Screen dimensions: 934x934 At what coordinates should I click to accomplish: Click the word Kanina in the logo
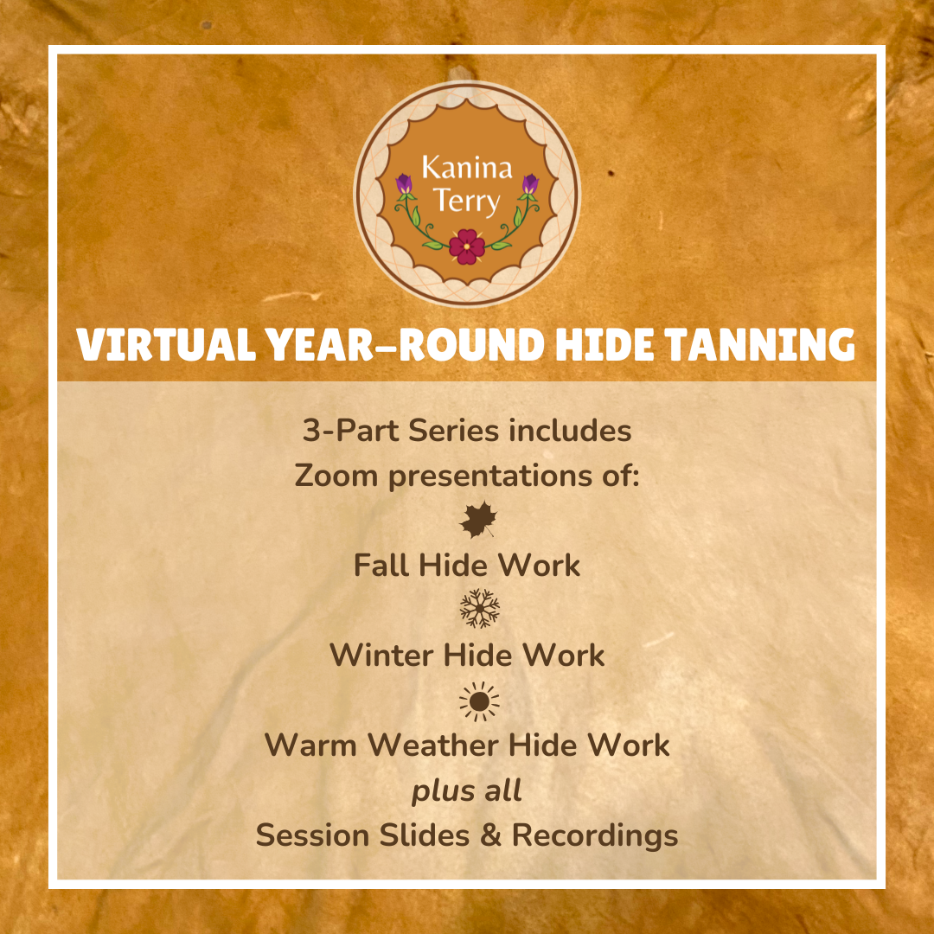click(467, 167)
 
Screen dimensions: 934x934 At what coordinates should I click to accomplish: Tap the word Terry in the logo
click(467, 202)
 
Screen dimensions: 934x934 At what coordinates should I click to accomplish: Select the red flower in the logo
click(467, 246)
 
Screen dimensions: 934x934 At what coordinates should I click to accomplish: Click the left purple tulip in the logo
click(404, 184)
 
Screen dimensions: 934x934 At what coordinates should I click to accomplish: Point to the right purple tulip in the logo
click(530, 184)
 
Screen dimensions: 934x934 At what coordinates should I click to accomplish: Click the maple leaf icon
click(477, 521)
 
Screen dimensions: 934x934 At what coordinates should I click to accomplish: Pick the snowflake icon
click(479, 610)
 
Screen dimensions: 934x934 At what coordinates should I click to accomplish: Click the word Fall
click(382, 566)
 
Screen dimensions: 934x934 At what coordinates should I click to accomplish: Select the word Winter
click(381, 656)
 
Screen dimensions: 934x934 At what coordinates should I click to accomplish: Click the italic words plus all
click(467, 790)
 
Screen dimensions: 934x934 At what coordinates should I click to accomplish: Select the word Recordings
click(595, 835)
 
